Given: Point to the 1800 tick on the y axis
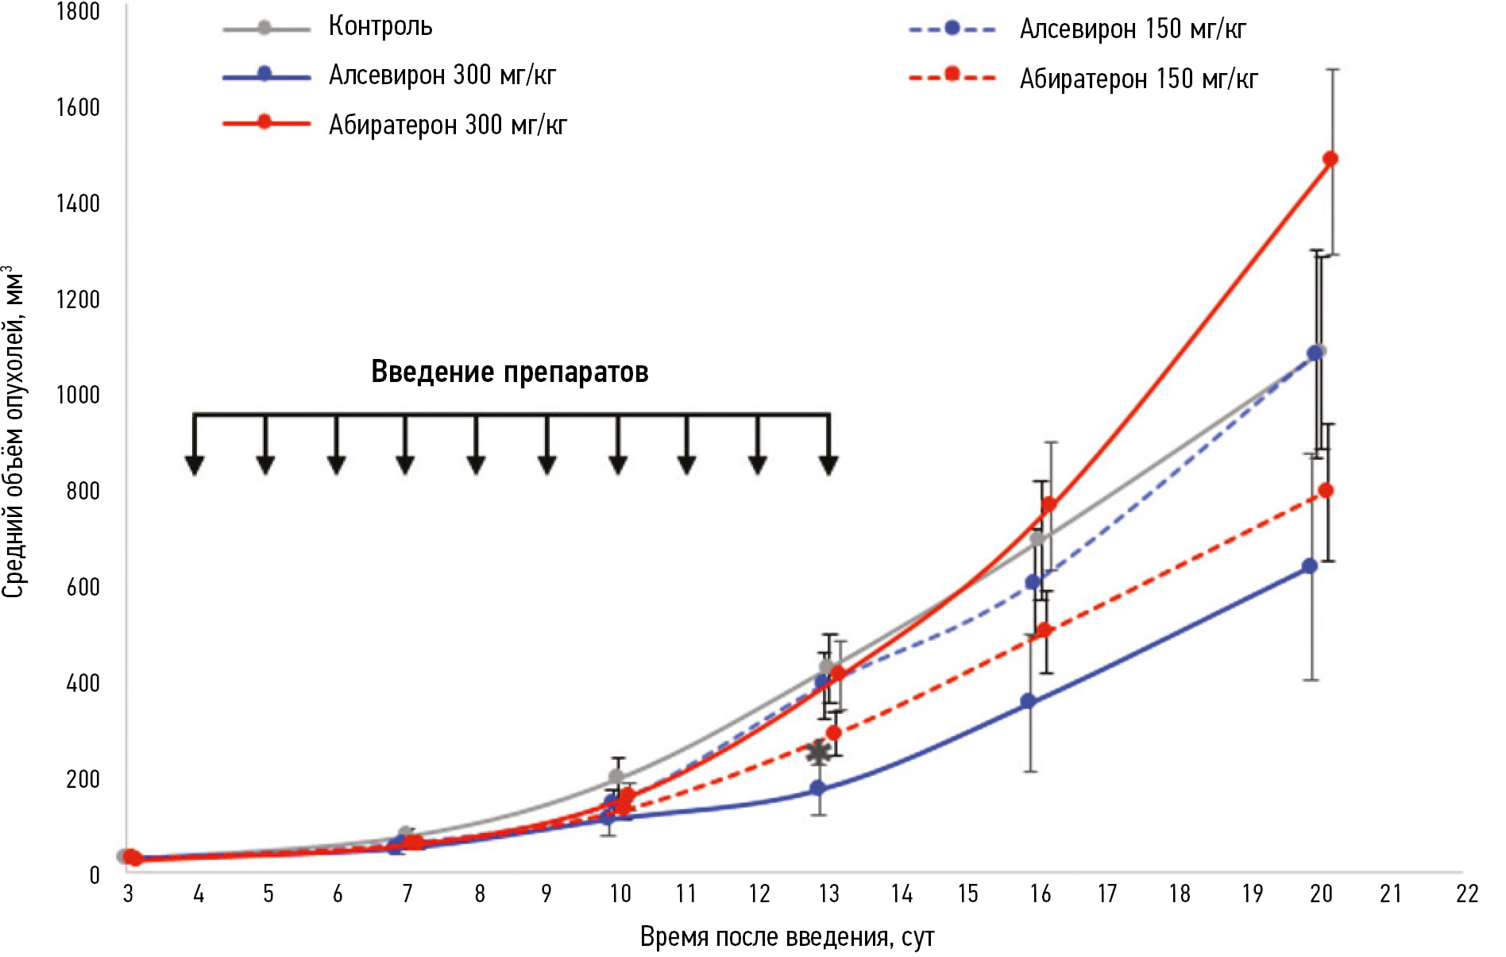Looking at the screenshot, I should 78,12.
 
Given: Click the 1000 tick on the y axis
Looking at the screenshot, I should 78,395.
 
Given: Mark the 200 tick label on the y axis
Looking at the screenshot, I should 83,779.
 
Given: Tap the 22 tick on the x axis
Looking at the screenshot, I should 1466,894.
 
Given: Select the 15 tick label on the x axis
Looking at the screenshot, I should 967,894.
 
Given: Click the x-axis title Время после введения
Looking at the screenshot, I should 786,937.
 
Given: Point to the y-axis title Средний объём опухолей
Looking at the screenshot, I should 14,433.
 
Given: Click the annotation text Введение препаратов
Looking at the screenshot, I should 510,372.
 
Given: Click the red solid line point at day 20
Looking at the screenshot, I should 1330,159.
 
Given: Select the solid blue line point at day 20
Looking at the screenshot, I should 1310,566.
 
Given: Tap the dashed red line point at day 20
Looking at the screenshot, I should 1326,491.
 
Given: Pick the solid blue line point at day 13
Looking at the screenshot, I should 817,789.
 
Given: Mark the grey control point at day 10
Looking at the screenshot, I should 616,778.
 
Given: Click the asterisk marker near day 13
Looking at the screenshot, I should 818,752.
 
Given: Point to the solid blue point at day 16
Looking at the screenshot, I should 1029,701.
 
